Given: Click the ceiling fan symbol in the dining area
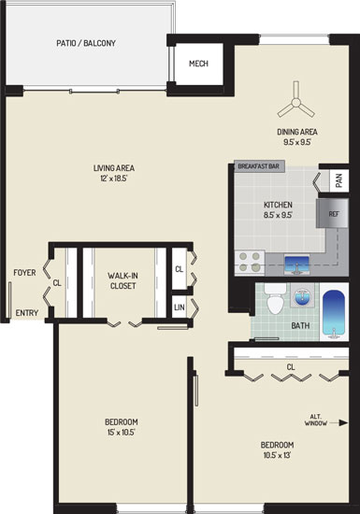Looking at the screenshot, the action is (296, 103).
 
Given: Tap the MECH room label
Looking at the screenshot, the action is (198, 64).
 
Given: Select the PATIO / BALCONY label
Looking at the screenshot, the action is (86, 43).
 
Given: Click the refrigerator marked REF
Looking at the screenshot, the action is (332, 213).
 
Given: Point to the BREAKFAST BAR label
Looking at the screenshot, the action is (259, 166).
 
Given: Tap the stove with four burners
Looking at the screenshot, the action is (250, 262).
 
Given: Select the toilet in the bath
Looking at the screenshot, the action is (275, 299).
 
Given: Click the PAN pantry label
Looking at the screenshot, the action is (339, 180).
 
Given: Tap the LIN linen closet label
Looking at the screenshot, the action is (180, 307).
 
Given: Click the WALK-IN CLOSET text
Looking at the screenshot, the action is (122, 280).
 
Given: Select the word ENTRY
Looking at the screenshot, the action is (27, 313).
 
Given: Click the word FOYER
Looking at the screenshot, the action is (24, 272).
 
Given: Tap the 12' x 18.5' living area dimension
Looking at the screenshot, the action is (113, 178).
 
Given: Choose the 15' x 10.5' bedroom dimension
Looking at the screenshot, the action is (121, 433).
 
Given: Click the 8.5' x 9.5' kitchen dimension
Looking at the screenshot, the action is (278, 215).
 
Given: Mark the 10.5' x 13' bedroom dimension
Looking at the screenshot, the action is (277, 455).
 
